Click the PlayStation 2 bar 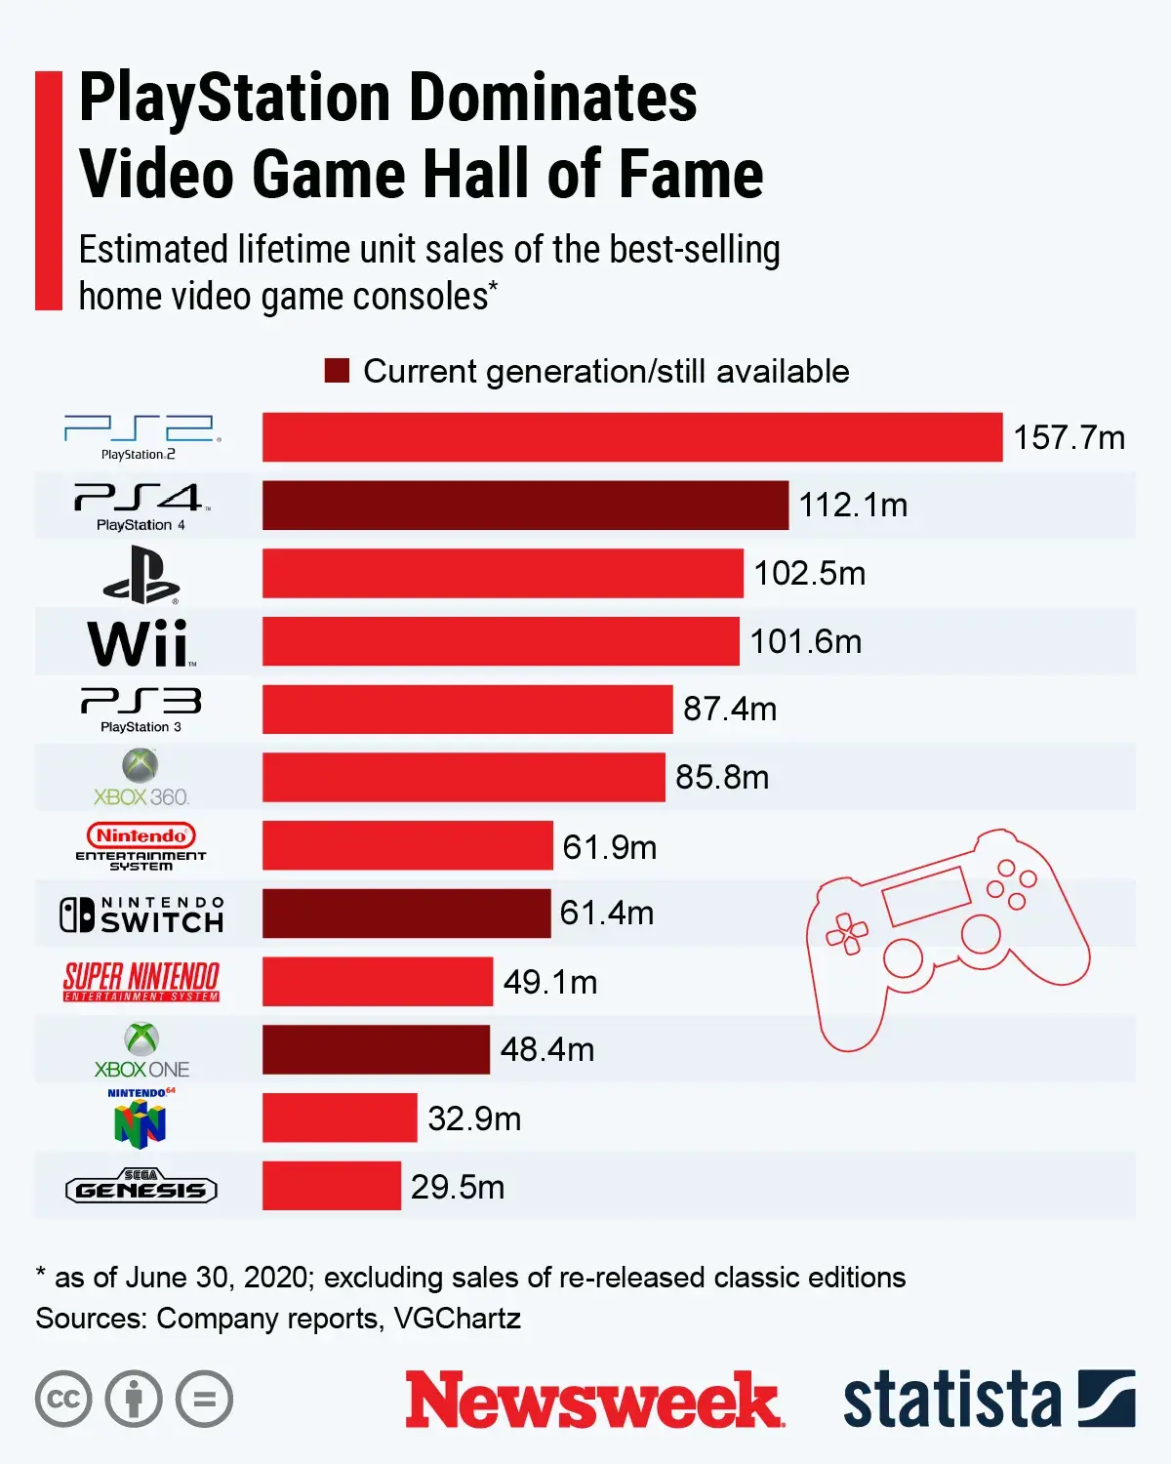click(x=632, y=436)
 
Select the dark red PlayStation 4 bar click(x=525, y=505)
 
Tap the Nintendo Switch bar click(x=406, y=914)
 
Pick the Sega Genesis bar click(x=331, y=1186)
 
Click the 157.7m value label click(x=1069, y=437)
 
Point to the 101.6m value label click(x=805, y=641)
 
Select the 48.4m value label click(x=546, y=1049)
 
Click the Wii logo click(x=141, y=643)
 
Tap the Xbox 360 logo click(x=141, y=778)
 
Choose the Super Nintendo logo click(x=141, y=981)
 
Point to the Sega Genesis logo click(x=141, y=1187)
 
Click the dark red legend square click(x=337, y=371)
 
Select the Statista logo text click(x=951, y=1400)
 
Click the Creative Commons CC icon click(x=63, y=1399)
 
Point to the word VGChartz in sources click(x=457, y=1319)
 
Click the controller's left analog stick click(x=904, y=957)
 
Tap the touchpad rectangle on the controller click(x=926, y=896)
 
